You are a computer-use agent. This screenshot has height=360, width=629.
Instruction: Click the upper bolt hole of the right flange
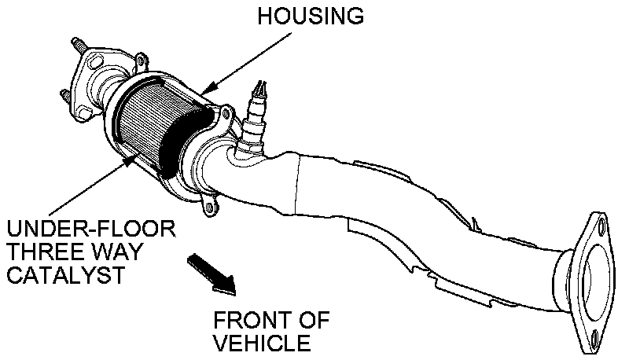pyautogui.click(x=601, y=229)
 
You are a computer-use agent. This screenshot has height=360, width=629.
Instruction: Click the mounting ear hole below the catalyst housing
pyautogui.click(x=210, y=207)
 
